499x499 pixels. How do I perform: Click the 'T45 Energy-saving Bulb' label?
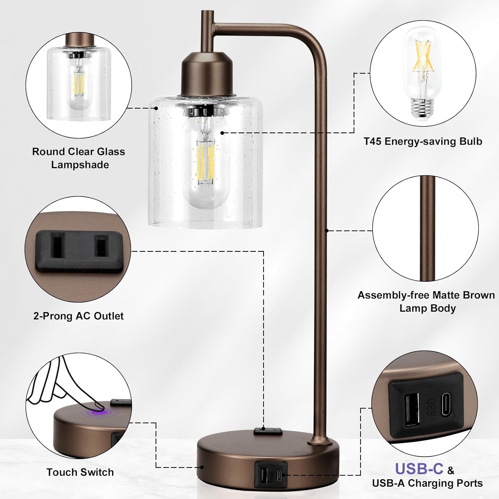click(423, 141)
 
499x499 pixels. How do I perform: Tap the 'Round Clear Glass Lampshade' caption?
click(79, 158)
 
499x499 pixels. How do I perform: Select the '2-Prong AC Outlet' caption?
click(79, 316)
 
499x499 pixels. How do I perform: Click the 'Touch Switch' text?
click(80, 472)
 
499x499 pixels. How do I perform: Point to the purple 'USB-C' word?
click(419, 469)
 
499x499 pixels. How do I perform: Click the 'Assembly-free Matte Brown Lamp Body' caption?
click(426, 301)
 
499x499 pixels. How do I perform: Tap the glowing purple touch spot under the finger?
click(99, 413)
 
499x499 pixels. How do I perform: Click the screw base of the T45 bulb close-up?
click(423, 107)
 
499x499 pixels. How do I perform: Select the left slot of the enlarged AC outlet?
click(56, 245)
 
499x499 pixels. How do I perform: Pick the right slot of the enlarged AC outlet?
click(101, 245)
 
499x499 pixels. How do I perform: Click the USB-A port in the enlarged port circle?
click(412, 410)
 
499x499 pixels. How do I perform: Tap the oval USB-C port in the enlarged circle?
click(447, 405)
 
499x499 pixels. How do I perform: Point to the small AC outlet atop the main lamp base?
click(268, 431)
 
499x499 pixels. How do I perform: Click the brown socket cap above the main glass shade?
click(206, 75)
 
